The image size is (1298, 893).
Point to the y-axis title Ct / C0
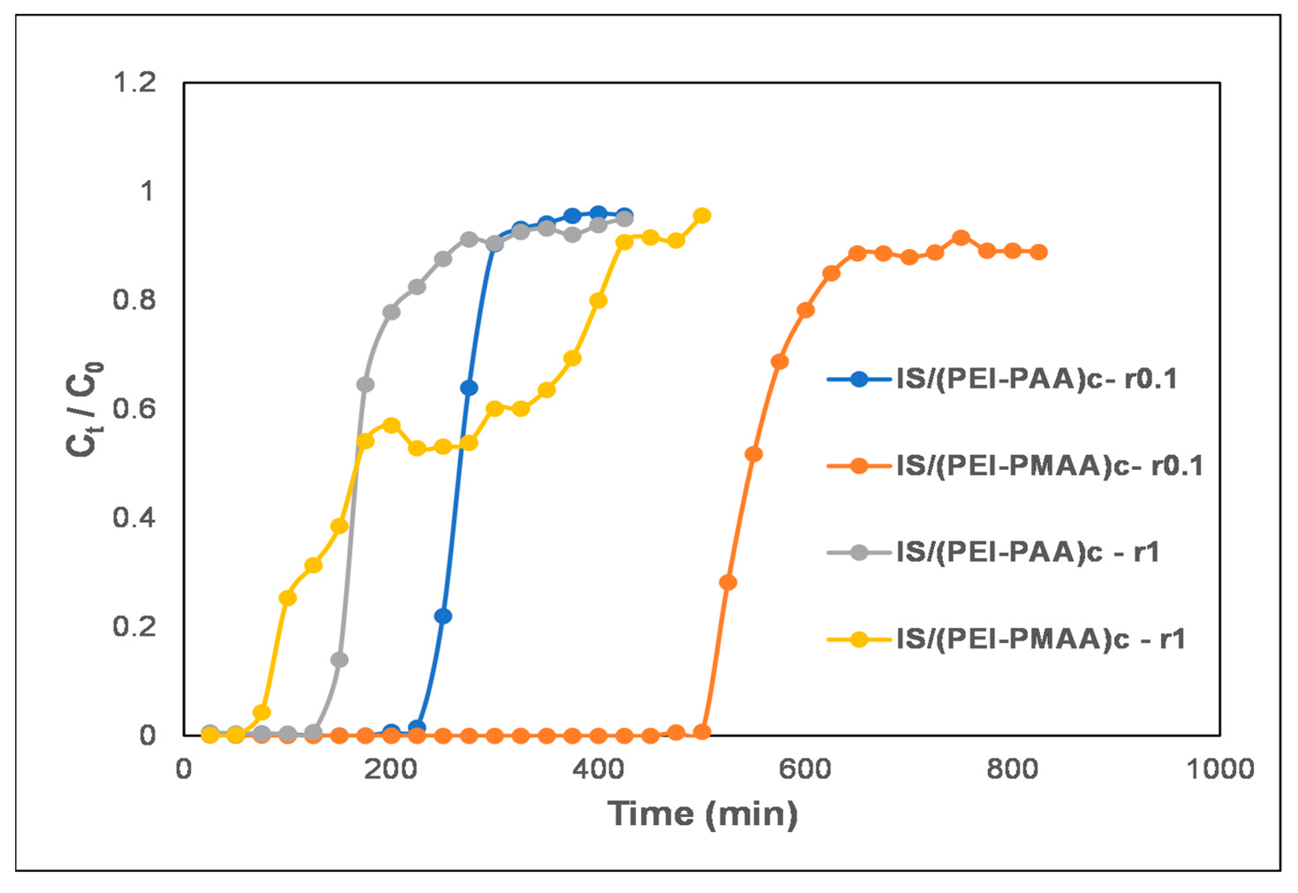[x=84, y=409]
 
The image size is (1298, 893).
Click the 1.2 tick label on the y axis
[x=134, y=83]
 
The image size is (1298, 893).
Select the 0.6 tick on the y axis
[x=134, y=409]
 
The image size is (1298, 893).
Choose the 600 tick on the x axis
[x=805, y=769]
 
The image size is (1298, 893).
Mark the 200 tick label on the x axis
[x=391, y=769]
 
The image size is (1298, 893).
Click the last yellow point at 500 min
[x=702, y=215]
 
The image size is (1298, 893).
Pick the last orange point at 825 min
[x=1039, y=252]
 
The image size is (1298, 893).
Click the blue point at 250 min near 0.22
[x=443, y=616]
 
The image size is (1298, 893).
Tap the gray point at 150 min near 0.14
[x=339, y=660]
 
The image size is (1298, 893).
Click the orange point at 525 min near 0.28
[x=728, y=582]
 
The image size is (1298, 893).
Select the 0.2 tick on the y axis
[x=134, y=626]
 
